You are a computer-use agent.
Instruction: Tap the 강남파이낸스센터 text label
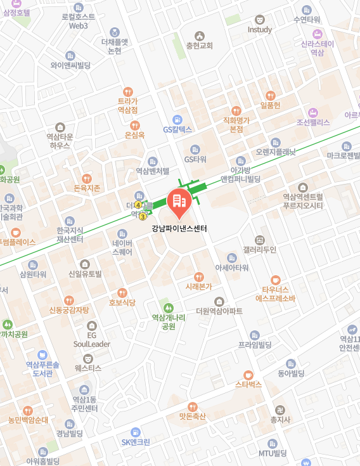(179, 228)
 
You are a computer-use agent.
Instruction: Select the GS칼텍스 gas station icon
(177, 119)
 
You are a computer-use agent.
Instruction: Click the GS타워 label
(196, 159)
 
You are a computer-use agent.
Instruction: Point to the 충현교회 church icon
(200, 36)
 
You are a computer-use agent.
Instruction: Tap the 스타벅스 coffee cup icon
(248, 374)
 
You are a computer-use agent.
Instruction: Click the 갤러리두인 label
(259, 250)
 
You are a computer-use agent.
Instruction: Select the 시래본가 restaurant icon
(198, 276)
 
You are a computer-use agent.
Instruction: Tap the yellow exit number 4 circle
(138, 205)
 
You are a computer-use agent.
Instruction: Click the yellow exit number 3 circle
(143, 217)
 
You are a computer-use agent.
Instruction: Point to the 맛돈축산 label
(193, 417)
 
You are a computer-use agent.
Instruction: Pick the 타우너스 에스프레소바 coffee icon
(275, 280)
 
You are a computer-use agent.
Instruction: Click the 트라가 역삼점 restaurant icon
(128, 91)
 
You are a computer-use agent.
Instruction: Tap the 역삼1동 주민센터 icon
(84, 389)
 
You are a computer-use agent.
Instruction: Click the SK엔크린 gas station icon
(134, 432)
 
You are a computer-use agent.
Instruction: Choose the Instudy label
(259, 30)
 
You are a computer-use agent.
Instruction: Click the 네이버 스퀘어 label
(122, 247)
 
